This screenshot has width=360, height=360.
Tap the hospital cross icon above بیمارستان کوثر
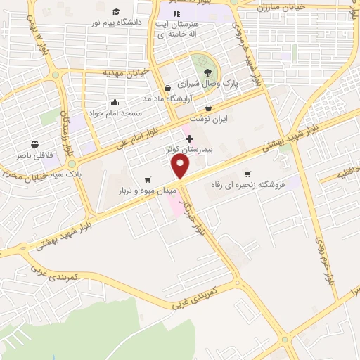tap(189, 139)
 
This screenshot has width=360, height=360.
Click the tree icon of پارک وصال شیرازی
tap(207, 72)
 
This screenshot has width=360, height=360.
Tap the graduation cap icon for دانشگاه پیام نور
tap(115, 11)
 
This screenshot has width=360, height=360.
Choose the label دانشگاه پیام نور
tap(116, 22)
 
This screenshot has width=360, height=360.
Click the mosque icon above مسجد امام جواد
tap(115, 102)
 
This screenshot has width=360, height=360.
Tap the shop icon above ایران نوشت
tap(209, 108)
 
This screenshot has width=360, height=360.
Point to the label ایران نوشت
tap(210, 120)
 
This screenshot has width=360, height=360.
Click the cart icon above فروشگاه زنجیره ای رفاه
tap(247, 174)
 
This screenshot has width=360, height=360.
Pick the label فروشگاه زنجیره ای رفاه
tap(247, 185)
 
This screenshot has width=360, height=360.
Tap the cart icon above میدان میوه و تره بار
tap(147, 179)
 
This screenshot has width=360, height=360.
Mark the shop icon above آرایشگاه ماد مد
tap(167, 88)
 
